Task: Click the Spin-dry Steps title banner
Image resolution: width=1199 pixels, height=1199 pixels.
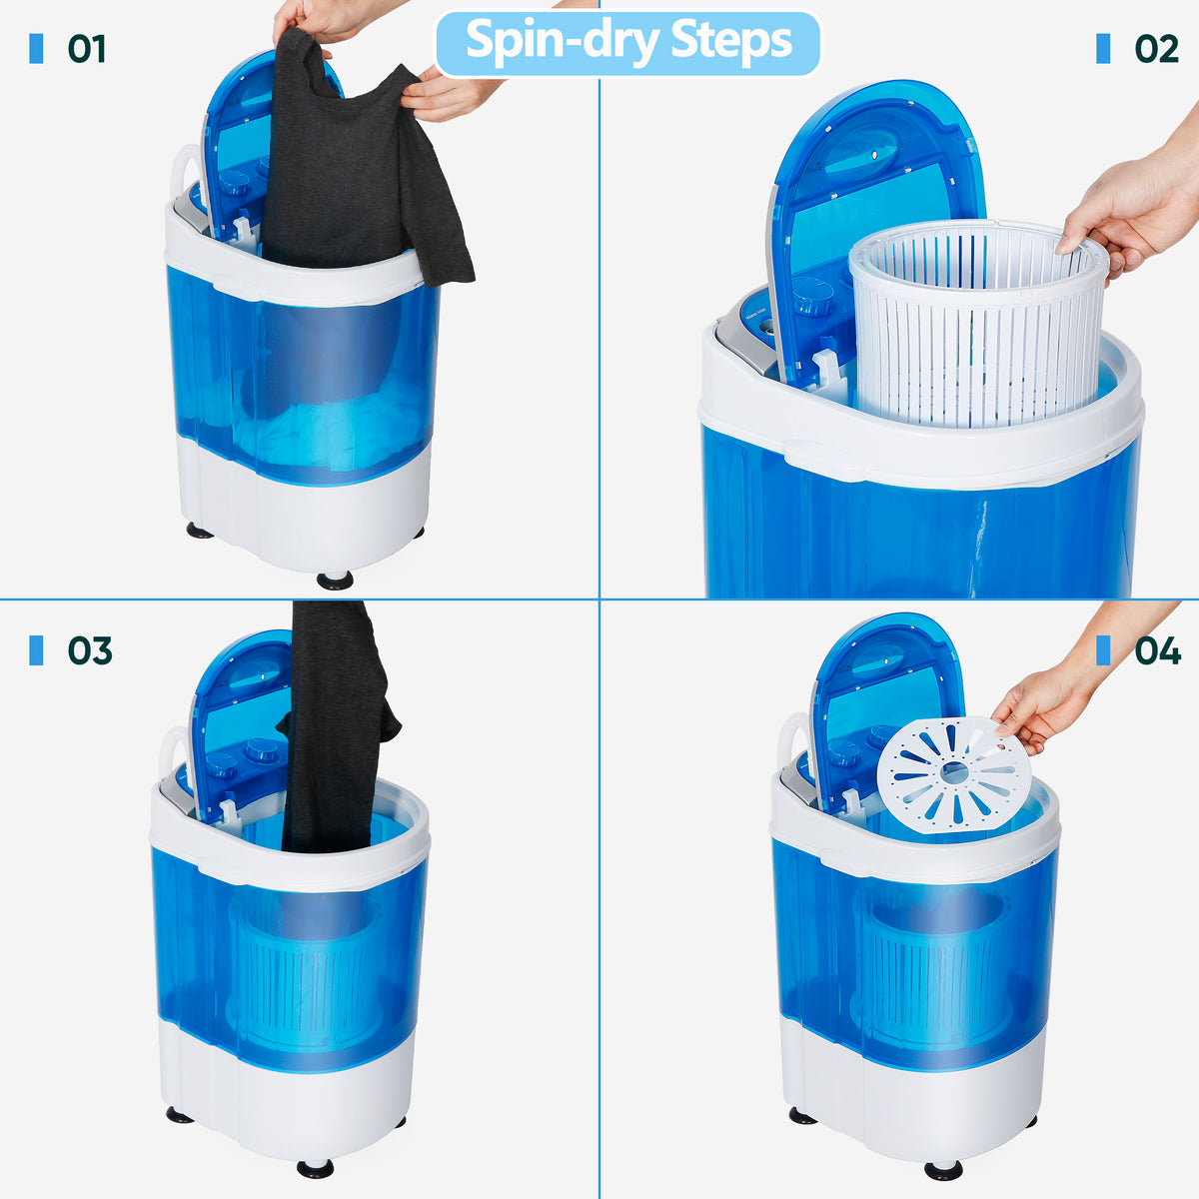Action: tap(627, 44)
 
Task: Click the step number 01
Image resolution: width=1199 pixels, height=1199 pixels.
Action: tap(87, 49)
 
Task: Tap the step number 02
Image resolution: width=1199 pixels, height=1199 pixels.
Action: tap(1157, 49)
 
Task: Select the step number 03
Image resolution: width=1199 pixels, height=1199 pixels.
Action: tap(90, 650)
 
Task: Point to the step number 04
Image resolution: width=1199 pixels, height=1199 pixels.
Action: tap(1157, 650)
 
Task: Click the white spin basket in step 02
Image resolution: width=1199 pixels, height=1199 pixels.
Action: tap(977, 324)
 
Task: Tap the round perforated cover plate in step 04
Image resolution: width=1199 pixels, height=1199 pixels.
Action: tap(954, 774)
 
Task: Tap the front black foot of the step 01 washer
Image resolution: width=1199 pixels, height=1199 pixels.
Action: tap(335, 581)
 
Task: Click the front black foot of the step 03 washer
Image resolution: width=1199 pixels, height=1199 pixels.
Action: tap(315, 1168)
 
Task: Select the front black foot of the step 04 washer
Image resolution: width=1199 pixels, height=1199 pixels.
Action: tap(943, 1170)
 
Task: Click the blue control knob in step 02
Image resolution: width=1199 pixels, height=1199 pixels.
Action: tap(812, 296)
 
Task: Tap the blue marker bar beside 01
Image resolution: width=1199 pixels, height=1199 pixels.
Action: tap(36, 49)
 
